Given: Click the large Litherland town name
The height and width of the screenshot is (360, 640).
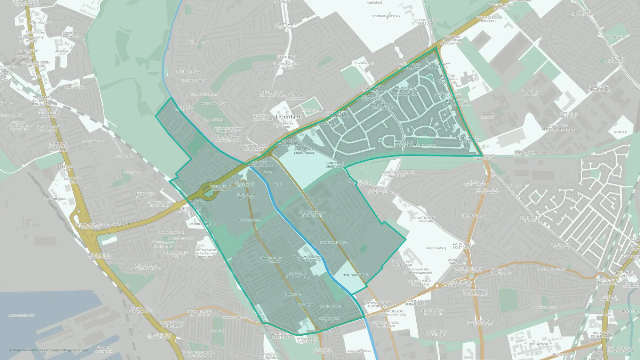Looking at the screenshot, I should [289, 117].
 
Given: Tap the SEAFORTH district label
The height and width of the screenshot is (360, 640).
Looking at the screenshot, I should [118, 224].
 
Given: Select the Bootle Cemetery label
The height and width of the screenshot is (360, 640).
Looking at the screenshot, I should [435, 248].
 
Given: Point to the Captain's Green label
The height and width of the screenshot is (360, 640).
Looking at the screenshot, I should [425, 145].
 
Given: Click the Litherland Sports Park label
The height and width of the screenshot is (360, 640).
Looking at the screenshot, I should [386, 16].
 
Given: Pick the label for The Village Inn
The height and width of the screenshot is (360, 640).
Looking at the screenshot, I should [364, 63].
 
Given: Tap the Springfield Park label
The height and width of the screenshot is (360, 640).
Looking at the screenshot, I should [311, 110].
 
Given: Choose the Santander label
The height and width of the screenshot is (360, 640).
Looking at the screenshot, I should [487, 117].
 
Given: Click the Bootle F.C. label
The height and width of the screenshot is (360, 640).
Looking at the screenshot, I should [620, 132].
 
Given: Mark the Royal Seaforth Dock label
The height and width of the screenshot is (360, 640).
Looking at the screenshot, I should [21, 316].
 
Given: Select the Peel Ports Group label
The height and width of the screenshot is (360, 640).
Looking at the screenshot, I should [55, 199].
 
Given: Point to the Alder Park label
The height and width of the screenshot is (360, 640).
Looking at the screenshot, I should [62, 51].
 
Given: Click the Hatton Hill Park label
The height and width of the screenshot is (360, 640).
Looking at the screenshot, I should [214, 120].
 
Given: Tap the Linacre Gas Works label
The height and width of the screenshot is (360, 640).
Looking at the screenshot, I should [358, 351].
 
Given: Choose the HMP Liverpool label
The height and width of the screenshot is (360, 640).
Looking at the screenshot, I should [538, 344].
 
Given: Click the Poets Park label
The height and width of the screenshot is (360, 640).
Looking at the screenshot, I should [218, 331].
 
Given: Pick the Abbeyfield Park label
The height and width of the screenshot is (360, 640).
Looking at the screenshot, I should [616, 37].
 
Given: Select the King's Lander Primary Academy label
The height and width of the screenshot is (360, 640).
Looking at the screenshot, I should [298, 275].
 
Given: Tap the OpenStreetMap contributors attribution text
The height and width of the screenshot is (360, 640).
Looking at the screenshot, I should [69, 350].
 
